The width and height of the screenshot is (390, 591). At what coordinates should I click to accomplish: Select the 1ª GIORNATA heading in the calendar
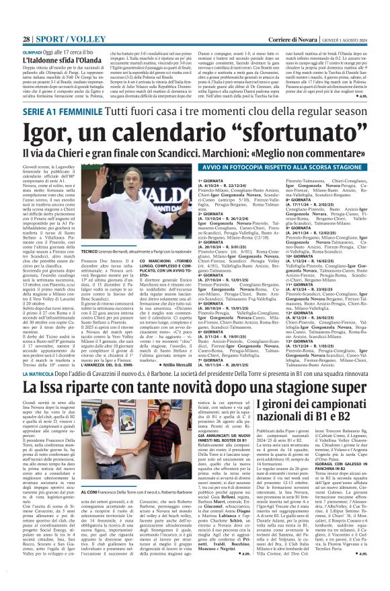coord(211,181)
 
